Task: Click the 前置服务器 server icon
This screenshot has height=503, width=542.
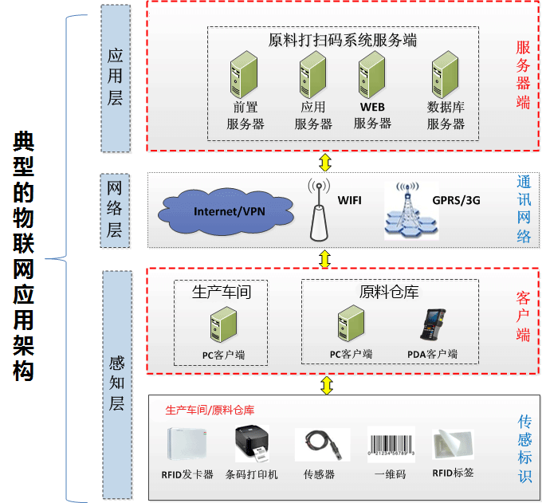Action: coord(244,75)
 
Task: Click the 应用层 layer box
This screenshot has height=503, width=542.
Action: coord(116,77)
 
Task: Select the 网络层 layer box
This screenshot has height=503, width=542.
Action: coord(116,210)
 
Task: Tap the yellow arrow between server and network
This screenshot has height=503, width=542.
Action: coord(324,162)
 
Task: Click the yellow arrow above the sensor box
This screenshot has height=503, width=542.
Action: coord(325,386)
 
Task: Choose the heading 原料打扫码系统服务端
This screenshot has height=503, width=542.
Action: coord(343,40)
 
